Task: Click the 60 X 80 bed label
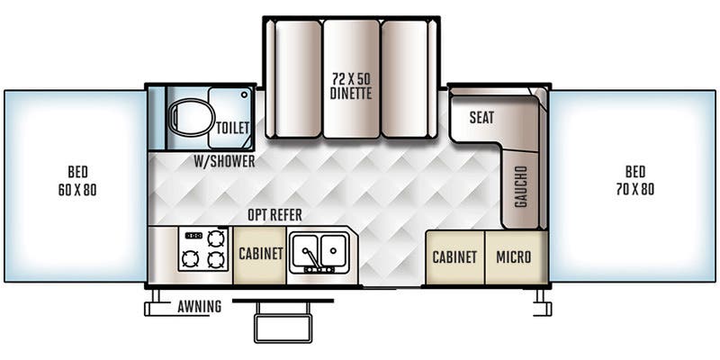(77, 181)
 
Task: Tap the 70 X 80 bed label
(635, 181)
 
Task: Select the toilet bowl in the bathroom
(191, 117)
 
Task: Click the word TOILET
(233, 128)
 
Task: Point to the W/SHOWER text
(224, 161)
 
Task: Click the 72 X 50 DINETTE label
(351, 85)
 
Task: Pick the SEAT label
(481, 118)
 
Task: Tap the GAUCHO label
(521, 186)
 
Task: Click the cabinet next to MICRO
(455, 257)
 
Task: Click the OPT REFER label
(275, 215)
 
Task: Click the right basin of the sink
(333, 250)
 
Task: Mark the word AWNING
(199, 306)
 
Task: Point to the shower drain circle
(244, 94)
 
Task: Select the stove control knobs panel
(193, 236)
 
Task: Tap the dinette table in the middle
(351, 78)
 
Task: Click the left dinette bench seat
(298, 78)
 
